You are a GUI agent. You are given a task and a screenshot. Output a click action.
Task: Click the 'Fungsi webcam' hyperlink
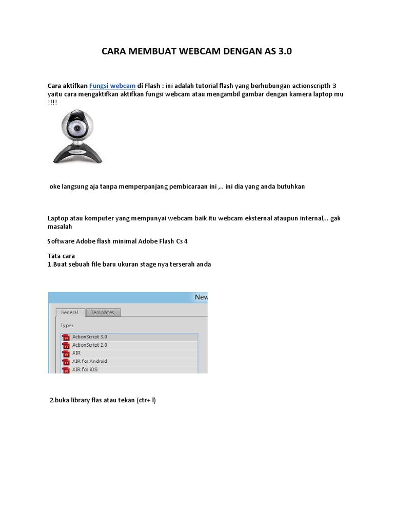112,85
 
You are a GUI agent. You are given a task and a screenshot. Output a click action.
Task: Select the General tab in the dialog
69,312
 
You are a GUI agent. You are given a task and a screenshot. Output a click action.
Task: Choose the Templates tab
103,312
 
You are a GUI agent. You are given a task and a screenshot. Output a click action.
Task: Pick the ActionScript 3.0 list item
90,336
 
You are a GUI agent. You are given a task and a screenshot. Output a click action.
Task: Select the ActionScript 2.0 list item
90,345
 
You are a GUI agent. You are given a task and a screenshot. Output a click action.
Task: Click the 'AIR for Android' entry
90,361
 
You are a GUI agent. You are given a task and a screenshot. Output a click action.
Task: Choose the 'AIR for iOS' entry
85,369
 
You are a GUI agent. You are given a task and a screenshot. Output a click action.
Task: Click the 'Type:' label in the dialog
67,325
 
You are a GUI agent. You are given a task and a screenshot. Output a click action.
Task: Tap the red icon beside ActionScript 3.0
66,337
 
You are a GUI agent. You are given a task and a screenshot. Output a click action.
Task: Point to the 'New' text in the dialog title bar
201,297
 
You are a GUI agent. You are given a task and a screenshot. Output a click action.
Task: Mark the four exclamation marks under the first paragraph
52,102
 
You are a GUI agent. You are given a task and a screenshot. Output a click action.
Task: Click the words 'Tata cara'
61,256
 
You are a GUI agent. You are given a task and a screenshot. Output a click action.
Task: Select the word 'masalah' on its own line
60,226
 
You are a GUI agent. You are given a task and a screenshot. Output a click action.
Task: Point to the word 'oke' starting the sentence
54,186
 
